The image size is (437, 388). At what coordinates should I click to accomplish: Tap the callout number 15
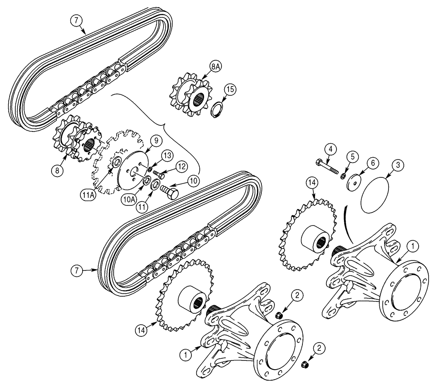pos(230,90)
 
